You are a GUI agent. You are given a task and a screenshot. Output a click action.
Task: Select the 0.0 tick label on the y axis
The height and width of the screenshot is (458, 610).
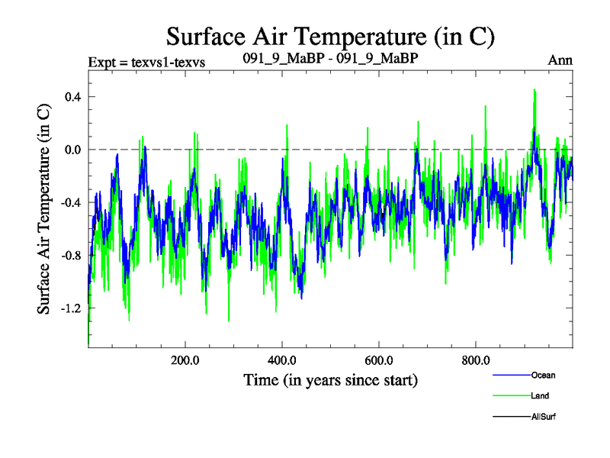coord(72,149)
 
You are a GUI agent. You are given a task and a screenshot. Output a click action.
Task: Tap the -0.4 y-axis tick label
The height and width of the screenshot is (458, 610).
coord(70,202)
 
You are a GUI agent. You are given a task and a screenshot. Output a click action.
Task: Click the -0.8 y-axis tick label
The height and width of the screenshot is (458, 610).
coord(70,255)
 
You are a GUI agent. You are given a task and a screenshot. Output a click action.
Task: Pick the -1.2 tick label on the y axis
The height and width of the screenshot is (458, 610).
coord(70,308)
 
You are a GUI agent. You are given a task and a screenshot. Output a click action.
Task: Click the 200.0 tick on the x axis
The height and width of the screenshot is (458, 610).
coord(185,360)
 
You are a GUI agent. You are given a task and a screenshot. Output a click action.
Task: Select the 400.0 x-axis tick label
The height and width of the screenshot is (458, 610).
coord(282,360)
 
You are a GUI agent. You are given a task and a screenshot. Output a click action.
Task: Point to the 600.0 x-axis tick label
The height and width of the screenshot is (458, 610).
coord(379,360)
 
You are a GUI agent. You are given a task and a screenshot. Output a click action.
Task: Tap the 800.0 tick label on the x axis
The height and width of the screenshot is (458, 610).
coord(476,360)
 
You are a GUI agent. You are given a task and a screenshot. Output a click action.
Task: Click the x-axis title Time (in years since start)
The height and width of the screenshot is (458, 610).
coord(331,379)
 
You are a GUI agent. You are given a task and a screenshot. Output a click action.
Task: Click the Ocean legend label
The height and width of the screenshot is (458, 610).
coord(544,375)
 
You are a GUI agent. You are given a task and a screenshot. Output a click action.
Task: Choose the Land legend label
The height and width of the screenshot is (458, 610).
coord(541,395)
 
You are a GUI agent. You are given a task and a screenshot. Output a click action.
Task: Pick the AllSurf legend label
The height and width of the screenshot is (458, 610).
coord(544,416)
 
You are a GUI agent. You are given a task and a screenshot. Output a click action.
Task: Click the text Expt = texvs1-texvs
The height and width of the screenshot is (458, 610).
coord(148,61)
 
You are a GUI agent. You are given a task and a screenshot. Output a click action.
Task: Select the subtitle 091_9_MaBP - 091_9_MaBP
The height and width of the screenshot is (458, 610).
coord(329,59)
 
